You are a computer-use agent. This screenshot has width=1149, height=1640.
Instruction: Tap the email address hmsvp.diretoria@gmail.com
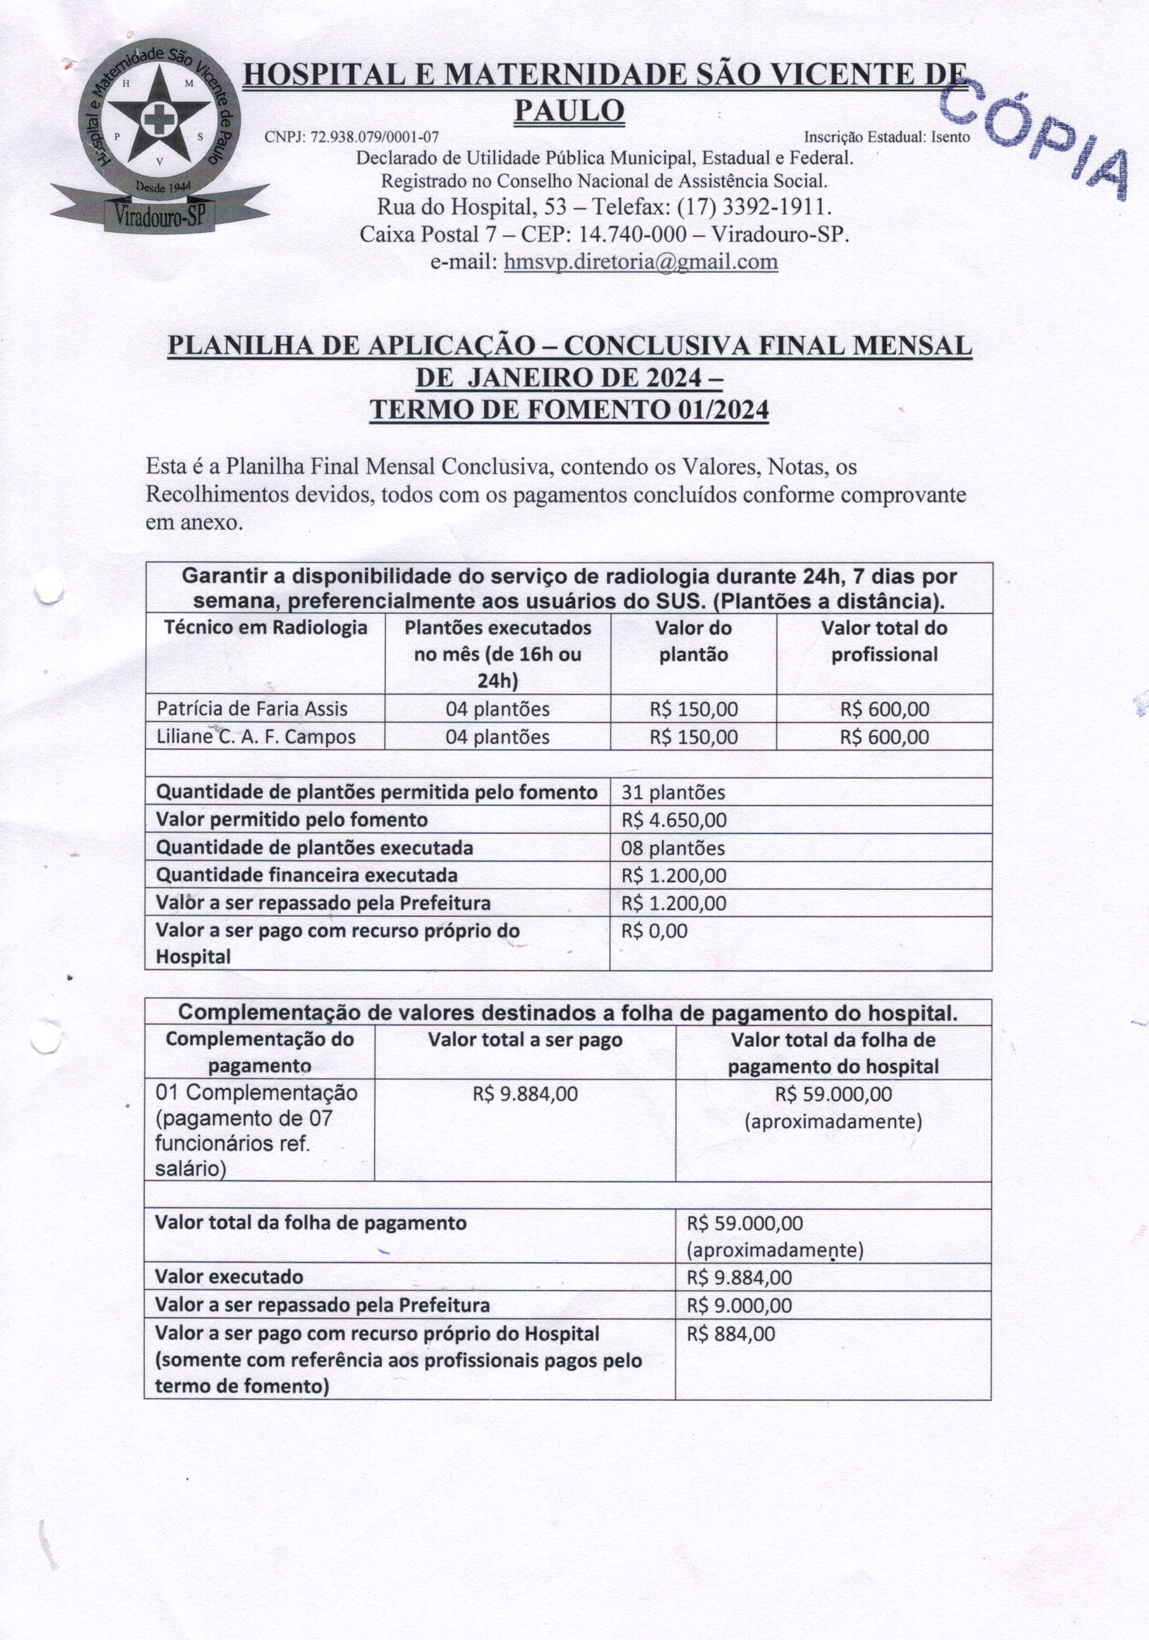click(641, 262)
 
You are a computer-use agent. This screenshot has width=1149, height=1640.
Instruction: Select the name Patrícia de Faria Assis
click(252, 709)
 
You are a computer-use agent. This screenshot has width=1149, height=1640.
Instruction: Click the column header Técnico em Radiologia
click(266, 628)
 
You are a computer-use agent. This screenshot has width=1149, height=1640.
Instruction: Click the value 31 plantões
click(673, 792)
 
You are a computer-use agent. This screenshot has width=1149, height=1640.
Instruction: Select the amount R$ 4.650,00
click(673, 820)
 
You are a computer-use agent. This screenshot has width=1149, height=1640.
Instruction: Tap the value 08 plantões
click(673, 848)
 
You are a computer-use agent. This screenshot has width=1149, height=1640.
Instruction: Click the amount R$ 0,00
click(654, 931)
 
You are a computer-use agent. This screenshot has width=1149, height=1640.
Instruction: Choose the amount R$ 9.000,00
click(739, 1306)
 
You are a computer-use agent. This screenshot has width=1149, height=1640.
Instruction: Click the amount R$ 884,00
click(731, 1334)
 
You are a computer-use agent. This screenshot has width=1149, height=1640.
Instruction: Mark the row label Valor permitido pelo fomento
click(291, 820)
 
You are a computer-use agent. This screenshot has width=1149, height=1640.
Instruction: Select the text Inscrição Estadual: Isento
click(886, 136)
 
